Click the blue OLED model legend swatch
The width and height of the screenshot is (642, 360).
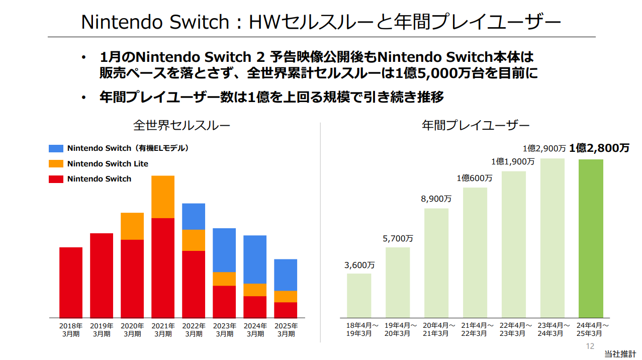56,148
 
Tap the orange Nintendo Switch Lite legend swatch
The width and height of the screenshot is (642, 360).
56,164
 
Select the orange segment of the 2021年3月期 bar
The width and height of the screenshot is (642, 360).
163,197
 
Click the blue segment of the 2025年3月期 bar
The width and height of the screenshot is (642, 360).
286,275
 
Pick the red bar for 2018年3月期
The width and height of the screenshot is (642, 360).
71,282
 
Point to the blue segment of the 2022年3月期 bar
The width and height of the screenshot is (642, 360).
194,216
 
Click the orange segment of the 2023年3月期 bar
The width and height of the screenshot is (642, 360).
224,279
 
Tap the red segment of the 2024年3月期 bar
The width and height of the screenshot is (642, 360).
255,307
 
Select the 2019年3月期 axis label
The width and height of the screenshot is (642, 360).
102,330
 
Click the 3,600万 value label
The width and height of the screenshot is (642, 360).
359,265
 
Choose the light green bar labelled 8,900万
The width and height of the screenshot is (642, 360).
436,263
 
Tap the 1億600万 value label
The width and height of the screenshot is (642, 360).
475,178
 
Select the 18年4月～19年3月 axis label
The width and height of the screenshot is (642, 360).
359,330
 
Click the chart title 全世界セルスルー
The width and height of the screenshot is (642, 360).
181,125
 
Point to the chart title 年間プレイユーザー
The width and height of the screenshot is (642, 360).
475,125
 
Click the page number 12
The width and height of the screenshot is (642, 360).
590,346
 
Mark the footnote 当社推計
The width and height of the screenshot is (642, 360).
620,354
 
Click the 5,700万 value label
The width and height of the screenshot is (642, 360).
398,238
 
